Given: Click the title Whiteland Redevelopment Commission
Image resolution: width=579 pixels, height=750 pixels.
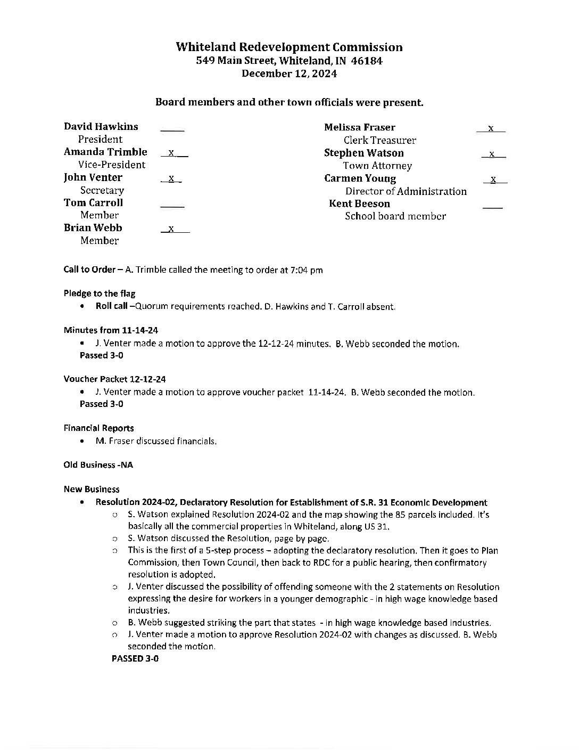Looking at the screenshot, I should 289,47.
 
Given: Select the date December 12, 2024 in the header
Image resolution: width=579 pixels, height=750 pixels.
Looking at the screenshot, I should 289,74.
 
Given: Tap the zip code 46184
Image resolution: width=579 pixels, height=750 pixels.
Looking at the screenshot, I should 367,61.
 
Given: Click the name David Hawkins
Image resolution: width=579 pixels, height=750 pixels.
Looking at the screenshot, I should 101,127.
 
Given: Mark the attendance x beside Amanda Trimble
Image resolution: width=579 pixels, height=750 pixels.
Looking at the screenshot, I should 171,153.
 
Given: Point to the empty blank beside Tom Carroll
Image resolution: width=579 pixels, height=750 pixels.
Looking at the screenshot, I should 172,205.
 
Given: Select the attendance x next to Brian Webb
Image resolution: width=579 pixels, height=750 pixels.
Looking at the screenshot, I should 171,229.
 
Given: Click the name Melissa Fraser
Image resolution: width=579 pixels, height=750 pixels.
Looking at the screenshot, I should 359,127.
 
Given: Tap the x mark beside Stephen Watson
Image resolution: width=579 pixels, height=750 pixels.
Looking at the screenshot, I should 492,154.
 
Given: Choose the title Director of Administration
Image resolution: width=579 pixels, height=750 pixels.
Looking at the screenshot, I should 406,191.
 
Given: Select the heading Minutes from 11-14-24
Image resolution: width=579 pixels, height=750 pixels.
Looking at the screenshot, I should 111,330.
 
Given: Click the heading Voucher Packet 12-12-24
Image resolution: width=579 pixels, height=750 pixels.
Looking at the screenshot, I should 114,379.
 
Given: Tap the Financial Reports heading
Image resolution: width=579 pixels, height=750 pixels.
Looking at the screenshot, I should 98,428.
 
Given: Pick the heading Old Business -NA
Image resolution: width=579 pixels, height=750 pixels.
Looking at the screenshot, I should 98,465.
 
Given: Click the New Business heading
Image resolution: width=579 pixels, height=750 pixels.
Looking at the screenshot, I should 92,490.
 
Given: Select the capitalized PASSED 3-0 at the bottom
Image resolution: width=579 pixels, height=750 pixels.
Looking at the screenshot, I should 135,658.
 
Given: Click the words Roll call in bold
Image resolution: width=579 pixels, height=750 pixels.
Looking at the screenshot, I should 111,306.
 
